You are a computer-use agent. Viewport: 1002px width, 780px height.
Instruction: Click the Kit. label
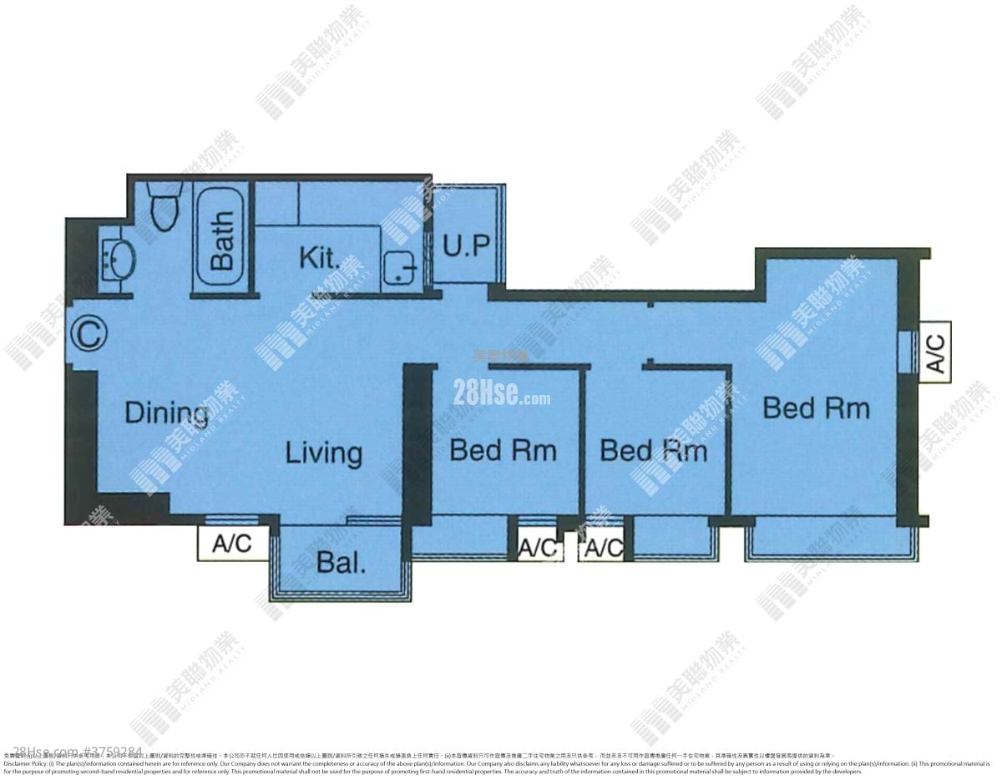click(320, 258)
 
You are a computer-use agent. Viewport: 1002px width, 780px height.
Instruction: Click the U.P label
click(465, 246)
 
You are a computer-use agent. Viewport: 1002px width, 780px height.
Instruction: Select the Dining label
click(166, 413)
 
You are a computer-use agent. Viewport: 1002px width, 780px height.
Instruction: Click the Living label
click(324, 453)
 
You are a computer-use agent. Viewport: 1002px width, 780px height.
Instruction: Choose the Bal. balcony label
click(341, 562)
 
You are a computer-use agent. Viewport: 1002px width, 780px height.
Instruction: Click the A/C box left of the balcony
click(232, 544)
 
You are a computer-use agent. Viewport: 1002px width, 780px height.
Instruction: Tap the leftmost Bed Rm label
click(503, 451)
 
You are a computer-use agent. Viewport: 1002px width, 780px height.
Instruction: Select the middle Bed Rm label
click(654, 451)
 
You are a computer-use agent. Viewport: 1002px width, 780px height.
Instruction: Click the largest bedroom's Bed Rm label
click(816, 408)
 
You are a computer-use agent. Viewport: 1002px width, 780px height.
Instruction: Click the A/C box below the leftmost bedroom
click(537, 548)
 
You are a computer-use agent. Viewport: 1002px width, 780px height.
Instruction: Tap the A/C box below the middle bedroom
click(603, 548)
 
